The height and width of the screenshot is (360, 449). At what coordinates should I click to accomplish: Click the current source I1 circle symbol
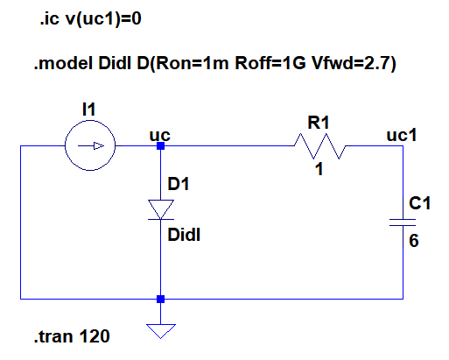[89, 146]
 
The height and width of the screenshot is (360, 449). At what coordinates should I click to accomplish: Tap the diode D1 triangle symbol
[160, 208]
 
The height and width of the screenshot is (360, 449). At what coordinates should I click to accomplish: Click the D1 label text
[178, 185]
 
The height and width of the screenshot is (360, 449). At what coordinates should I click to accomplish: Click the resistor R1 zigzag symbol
[320, 146]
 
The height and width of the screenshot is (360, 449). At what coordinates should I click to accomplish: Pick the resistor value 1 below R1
[320, 170]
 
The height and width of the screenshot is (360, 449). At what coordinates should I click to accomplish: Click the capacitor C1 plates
[402, 222]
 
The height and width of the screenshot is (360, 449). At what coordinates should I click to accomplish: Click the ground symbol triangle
[160, 331]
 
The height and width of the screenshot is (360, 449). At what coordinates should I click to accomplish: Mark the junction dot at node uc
[160, 146]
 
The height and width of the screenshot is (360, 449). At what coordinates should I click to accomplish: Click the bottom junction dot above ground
[160, 300]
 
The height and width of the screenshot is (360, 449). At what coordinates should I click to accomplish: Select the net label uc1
[401, 135]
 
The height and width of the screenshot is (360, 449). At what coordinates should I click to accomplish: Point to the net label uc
[160, 134]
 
